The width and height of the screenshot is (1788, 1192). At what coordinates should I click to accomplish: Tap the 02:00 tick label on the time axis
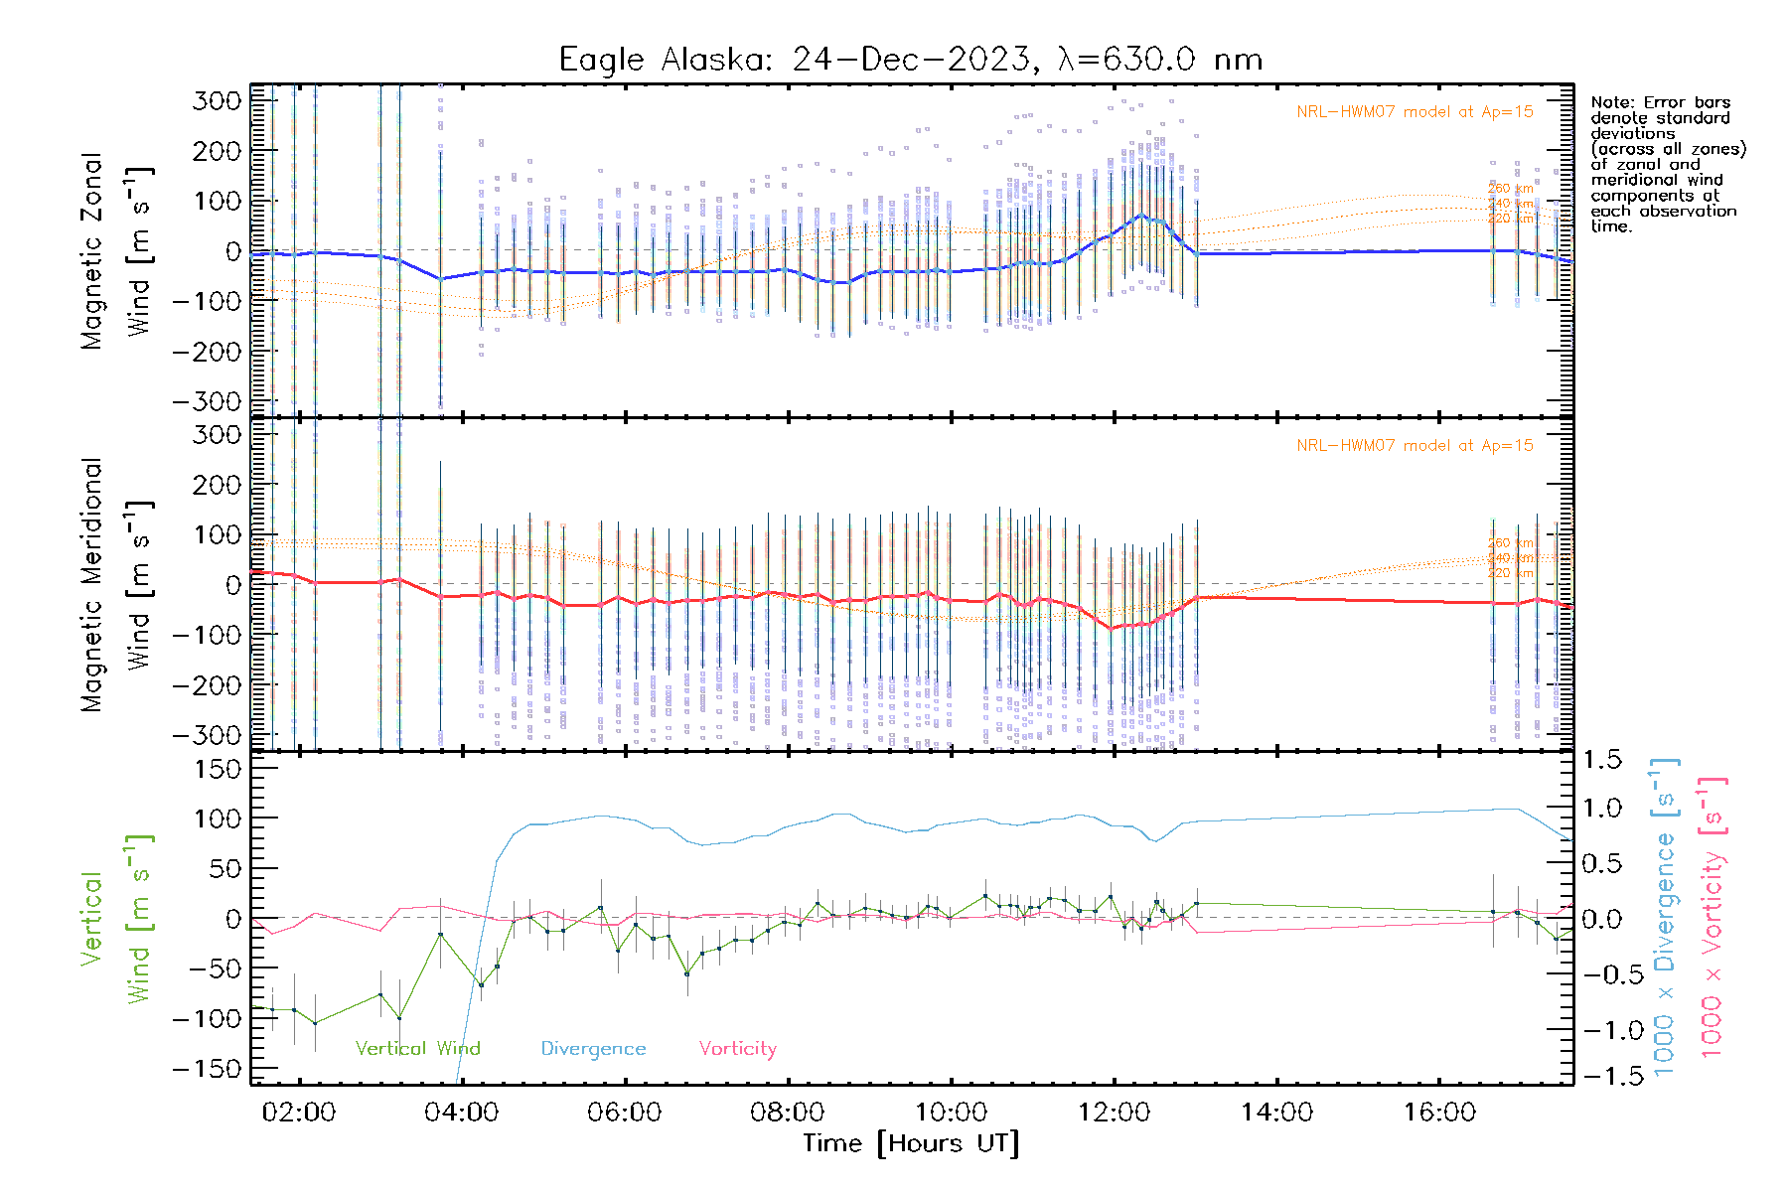298,1113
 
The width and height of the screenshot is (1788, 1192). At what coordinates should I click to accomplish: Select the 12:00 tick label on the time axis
1114,1113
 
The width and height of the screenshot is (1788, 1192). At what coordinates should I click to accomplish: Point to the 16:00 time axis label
1439,1113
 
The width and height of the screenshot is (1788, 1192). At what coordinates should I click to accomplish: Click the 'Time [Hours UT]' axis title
911,1143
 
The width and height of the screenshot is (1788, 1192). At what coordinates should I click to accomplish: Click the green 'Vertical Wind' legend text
417,1049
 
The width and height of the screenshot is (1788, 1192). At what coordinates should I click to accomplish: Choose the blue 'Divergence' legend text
593,1049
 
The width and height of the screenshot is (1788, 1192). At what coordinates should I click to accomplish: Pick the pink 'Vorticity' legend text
737,1049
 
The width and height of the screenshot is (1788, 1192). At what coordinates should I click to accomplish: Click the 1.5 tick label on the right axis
1602,760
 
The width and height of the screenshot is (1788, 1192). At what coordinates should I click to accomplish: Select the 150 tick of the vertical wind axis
219,769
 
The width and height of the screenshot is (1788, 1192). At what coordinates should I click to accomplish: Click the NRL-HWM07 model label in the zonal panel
1415,112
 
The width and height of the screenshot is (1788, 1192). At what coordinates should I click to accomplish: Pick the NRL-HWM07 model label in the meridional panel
1415,446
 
